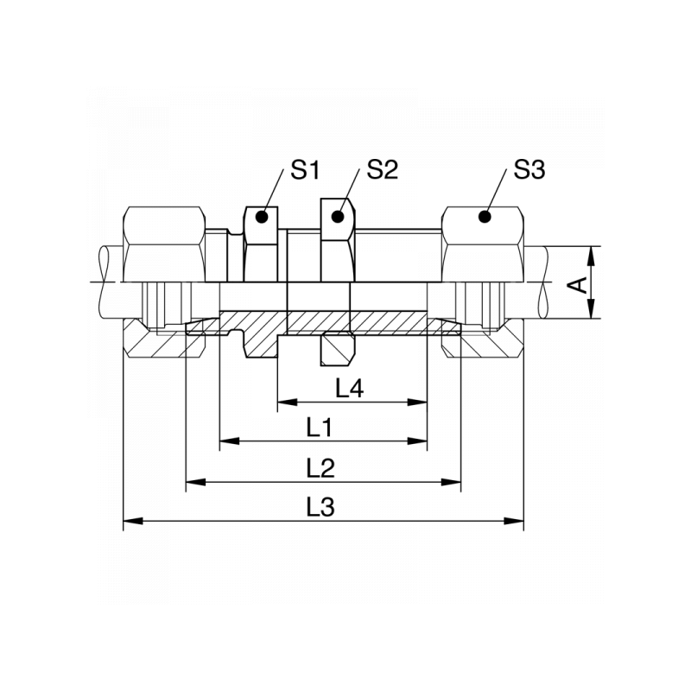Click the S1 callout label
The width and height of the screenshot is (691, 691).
304,170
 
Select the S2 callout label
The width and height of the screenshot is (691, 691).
382,170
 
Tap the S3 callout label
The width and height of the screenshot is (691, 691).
529,170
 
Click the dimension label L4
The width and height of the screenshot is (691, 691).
349,390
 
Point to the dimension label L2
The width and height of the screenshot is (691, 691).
320,467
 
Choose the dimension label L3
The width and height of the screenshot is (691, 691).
320,507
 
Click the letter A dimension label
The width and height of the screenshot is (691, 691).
585,284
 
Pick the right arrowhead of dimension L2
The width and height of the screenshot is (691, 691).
453,482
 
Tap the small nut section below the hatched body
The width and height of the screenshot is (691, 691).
337,349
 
